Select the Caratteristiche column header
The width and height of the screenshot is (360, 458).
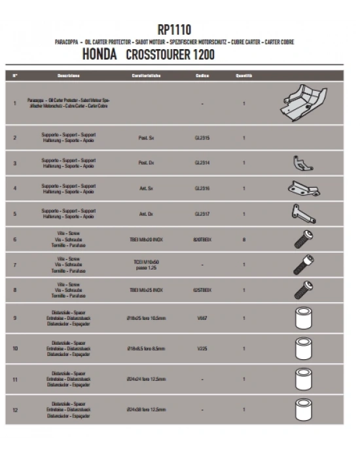[147, 77]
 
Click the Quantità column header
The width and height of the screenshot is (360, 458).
[244, 77]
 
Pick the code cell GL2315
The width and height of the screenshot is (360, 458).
[202, 138]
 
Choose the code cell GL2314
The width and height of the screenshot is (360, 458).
[202, 163]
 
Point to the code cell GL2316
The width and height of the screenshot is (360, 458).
[202, 188]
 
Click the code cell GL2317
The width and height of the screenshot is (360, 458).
[202, 214]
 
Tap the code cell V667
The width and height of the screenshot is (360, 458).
[202, 319]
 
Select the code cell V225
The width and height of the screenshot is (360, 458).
[202, 348]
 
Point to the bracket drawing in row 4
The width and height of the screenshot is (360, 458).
[303, 188]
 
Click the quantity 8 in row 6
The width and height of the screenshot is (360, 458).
[244, 239]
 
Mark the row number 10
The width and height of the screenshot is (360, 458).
[16, 348]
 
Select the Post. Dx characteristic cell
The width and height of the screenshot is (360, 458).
[146, 163]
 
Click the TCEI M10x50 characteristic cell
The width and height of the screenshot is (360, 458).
[147, 264]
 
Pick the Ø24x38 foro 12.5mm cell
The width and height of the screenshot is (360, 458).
[147, 410]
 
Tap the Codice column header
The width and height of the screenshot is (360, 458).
[202, 77]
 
